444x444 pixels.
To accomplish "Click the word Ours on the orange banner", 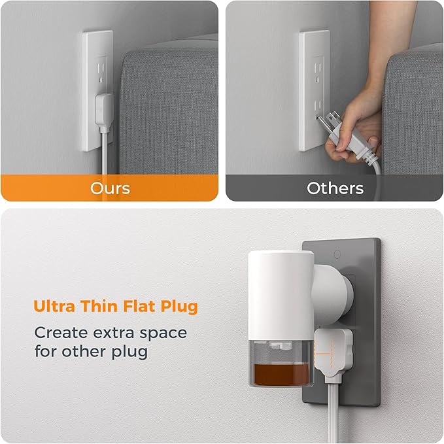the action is pyautogui.click(x=110, y=188).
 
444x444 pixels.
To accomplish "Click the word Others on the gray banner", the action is pyautogui.click(x=335, y=188).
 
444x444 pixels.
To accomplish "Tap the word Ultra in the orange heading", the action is pyautogui.click(x=54, y=307).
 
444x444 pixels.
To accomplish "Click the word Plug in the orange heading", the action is pyautogui.click(x=179, y=307).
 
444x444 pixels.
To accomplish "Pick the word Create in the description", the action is pyautogui.click(x=61, y=333).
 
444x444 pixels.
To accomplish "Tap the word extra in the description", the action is pyautogui.click(x=114, y=333).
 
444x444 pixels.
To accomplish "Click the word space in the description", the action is pyautogui.click(x=163, y=334).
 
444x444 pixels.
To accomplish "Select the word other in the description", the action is pyautogui.click(x=84, y=352).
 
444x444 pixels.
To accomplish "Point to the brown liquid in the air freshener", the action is pyautogui.click(x=282, y=374).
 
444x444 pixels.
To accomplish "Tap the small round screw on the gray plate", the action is pyautogui.click(x=337, y=254).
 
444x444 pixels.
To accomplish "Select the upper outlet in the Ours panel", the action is pyautogui.click(x=101, y=69).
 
